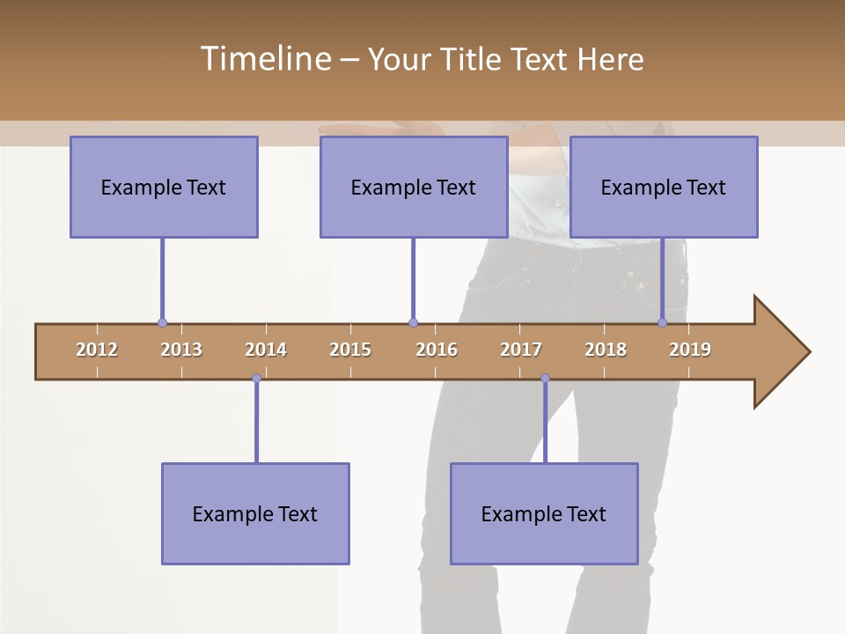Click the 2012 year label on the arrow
[x=97, y=350]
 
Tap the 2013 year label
[x=181, y=350]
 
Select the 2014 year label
[x=266, y=350]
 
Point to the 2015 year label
[x=350, y=350]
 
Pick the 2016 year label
[x=437, y=350]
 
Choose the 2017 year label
[x=521, y=350]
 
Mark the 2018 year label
[x=606, y=350]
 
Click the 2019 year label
[x=690, y=350]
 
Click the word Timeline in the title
[x=264, y=59]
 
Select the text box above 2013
[x=164, y=187]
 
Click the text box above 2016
[x=414, y=187]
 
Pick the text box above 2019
[x=664, y=187]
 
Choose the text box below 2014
[x=255, y=513]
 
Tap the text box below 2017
[x=544, y=513]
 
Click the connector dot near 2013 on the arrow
[x=162, y=323]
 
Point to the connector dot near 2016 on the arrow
[x=414, y=323]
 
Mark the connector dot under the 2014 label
[x=256, y=379]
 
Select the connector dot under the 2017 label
[x=545, y=379]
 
